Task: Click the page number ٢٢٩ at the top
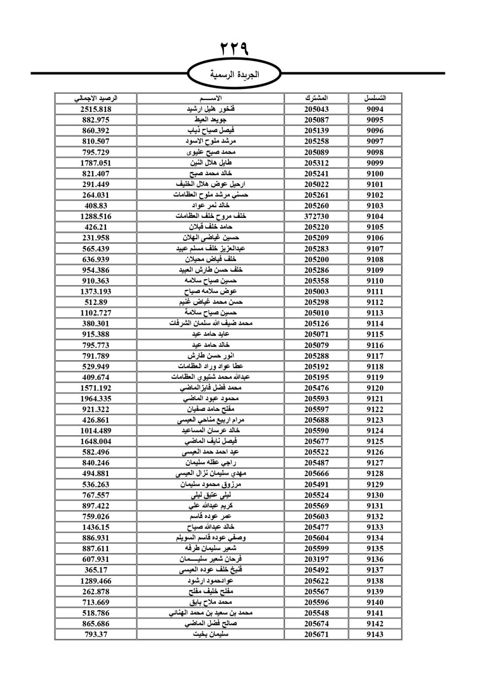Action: (234, 49)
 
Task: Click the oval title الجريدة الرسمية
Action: (234, 75)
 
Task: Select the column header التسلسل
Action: (375, 98)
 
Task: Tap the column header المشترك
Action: (316, 98)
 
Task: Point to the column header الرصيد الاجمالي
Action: (96, 98)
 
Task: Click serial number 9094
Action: (375, 109)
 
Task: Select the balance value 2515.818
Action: (96, 109)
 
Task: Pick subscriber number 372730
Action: (316, 216)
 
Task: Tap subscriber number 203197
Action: (316, 560)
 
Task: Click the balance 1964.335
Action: (96, 399)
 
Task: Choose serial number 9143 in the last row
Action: (375, 634)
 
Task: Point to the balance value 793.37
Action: (96, 634)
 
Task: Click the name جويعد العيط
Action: (211, 120)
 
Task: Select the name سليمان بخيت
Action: (211, 634)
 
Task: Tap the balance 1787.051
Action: (96, 163)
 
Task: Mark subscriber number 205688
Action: (316, 420)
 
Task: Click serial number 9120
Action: (375, 388)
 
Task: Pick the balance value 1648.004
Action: (96, 441)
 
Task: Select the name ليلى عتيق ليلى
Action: (211, 495)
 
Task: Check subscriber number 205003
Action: (316, 292)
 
